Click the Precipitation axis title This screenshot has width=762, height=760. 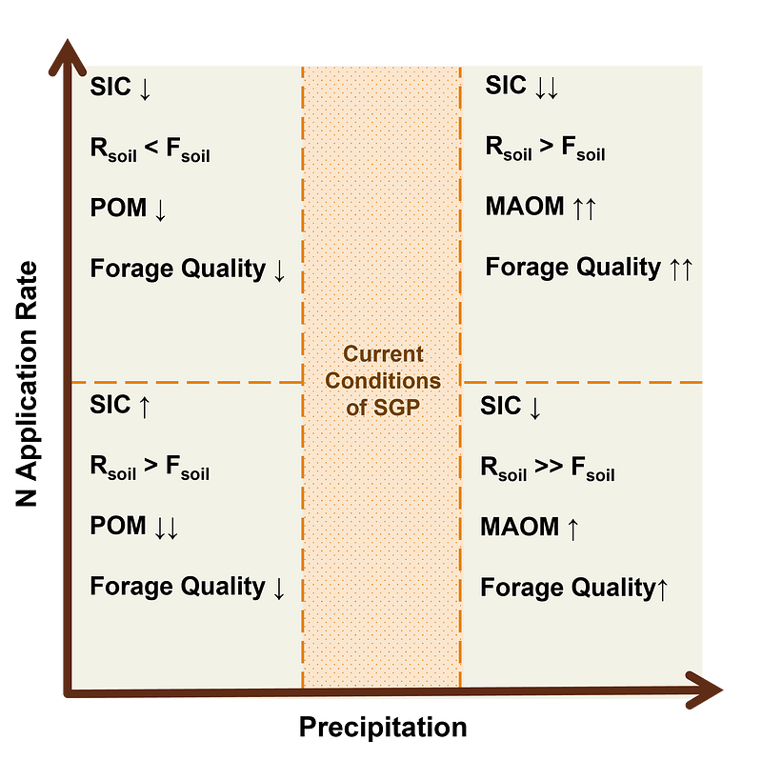click(x=383, y=728)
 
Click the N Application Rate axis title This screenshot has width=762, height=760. click(x=27, y=384)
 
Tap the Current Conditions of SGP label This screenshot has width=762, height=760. click(x=383, y=381)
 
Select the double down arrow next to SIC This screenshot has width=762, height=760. click(x=546, y=88)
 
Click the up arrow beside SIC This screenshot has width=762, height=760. click(x=145, y=407)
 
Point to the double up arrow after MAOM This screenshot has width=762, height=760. click(x=584, y=208)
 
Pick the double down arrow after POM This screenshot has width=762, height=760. click(x=166, y=528)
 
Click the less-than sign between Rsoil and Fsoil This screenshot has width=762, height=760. click(x=151, y=147)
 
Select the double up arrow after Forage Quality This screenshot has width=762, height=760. click(x=681, y=269)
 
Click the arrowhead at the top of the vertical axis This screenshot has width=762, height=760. click(x=68, y=56)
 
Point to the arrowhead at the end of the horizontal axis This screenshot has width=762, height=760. click(x=705, y=690)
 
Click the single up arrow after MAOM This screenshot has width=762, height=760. click(x=573, y=529)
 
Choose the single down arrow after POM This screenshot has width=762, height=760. click(x=160, y=210)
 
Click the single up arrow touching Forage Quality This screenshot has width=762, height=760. click(x=662, y=589)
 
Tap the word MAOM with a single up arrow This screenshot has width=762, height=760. click(x=519, y=527)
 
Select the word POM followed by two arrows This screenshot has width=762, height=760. click(x=118, y=526)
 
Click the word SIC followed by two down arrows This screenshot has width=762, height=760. click(x=506, y=85)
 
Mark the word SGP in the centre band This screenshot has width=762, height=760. click(x=396, y=408)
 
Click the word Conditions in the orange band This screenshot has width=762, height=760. click(x=383, y=381)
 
